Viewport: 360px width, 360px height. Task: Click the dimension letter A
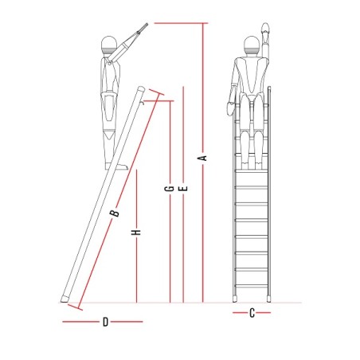tap(203, 158)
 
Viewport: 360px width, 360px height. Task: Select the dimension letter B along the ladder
tap(115, 213)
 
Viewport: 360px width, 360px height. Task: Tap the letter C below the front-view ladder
tap(252, 313)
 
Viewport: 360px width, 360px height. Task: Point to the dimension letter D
tap(105, 322)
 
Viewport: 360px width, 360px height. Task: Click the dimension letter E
tap(183, 189)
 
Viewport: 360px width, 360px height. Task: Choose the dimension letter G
tap(170, 189)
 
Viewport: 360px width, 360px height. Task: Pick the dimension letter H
tap(136, 233)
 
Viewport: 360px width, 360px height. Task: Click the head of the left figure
tap(109, 45)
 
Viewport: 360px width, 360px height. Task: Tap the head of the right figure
tap(251, 45)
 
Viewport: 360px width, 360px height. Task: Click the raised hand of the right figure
tap(265, 29)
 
